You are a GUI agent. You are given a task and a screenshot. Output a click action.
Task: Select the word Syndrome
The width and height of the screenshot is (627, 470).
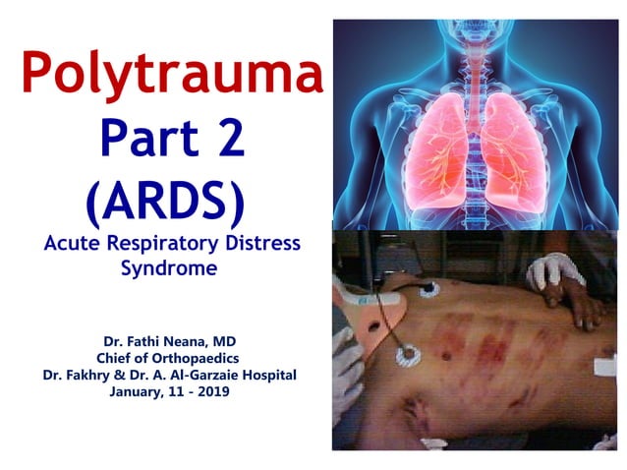pyautogui.click(x=167, y=267)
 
